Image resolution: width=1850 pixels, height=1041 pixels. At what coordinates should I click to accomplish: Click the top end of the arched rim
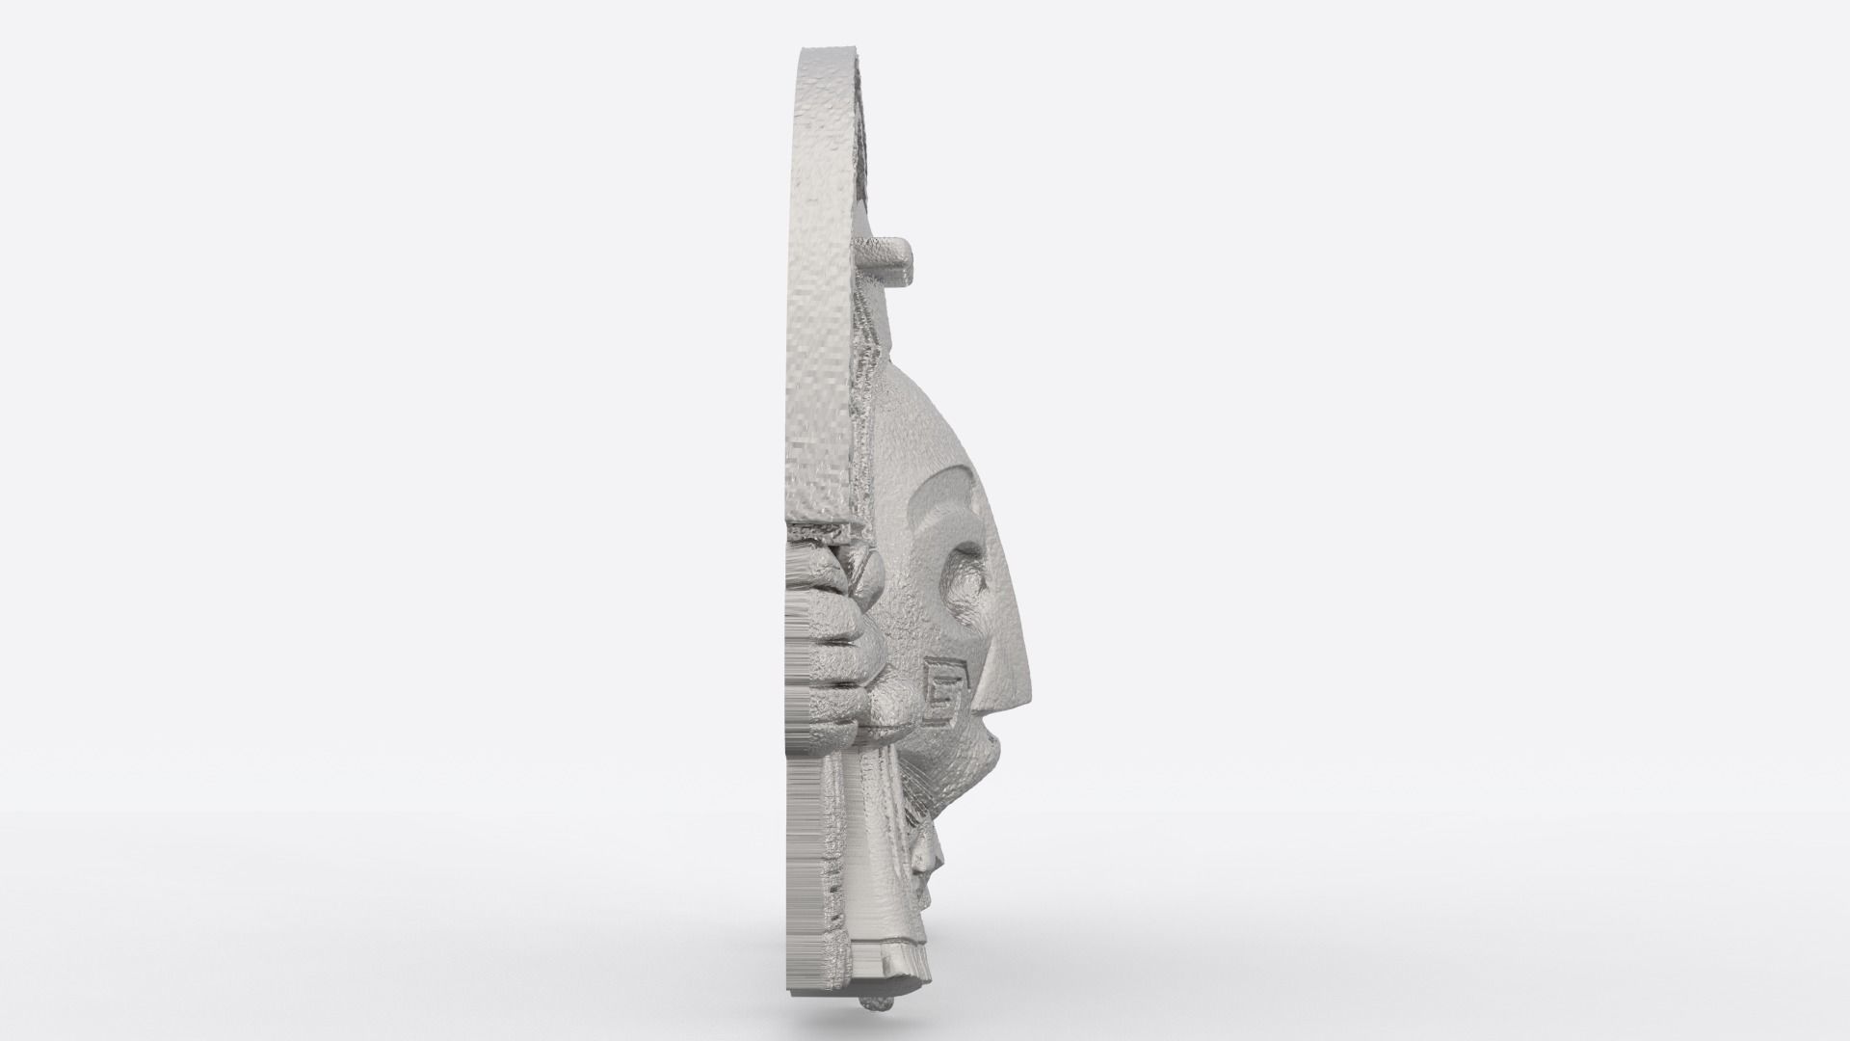824,53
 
